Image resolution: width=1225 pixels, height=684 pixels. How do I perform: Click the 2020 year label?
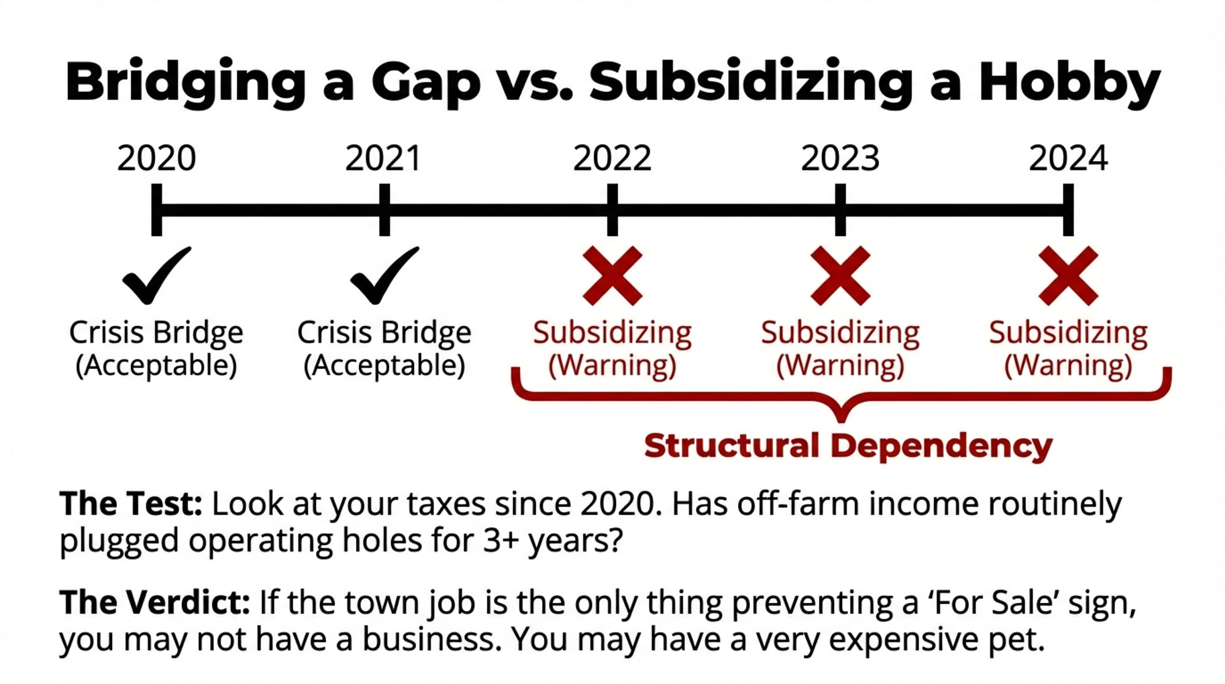tap(157, 158)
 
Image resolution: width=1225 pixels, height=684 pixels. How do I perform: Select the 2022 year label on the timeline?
tap(612, 158)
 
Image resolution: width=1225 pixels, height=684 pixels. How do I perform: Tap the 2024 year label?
tap(1068, 158)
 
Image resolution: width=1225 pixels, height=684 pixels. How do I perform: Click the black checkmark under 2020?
tap(156, 276)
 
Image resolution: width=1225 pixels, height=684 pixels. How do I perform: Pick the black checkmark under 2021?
tap(385, 276)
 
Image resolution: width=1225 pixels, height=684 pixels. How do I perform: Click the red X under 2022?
tap(612, 276)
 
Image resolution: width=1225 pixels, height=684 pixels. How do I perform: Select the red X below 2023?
tap(840, 276)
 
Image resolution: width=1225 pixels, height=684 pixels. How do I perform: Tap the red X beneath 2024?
tap(1068, 276)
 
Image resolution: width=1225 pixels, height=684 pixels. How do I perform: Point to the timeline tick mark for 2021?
tap(385, 210)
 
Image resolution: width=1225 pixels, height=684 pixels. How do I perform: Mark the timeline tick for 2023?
tap(840, 210)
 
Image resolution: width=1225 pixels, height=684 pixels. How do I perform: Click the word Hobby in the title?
tap(1069, 83)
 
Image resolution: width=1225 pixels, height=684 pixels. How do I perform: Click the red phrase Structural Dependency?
tap(848, 446)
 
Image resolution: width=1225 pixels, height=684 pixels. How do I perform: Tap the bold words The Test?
tap(131, 504)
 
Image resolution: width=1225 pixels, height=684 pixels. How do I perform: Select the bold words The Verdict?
tap(155, 602)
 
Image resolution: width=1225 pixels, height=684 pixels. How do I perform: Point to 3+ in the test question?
tap(502, 541)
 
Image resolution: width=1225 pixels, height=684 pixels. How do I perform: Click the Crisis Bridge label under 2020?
tap(156, 333)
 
